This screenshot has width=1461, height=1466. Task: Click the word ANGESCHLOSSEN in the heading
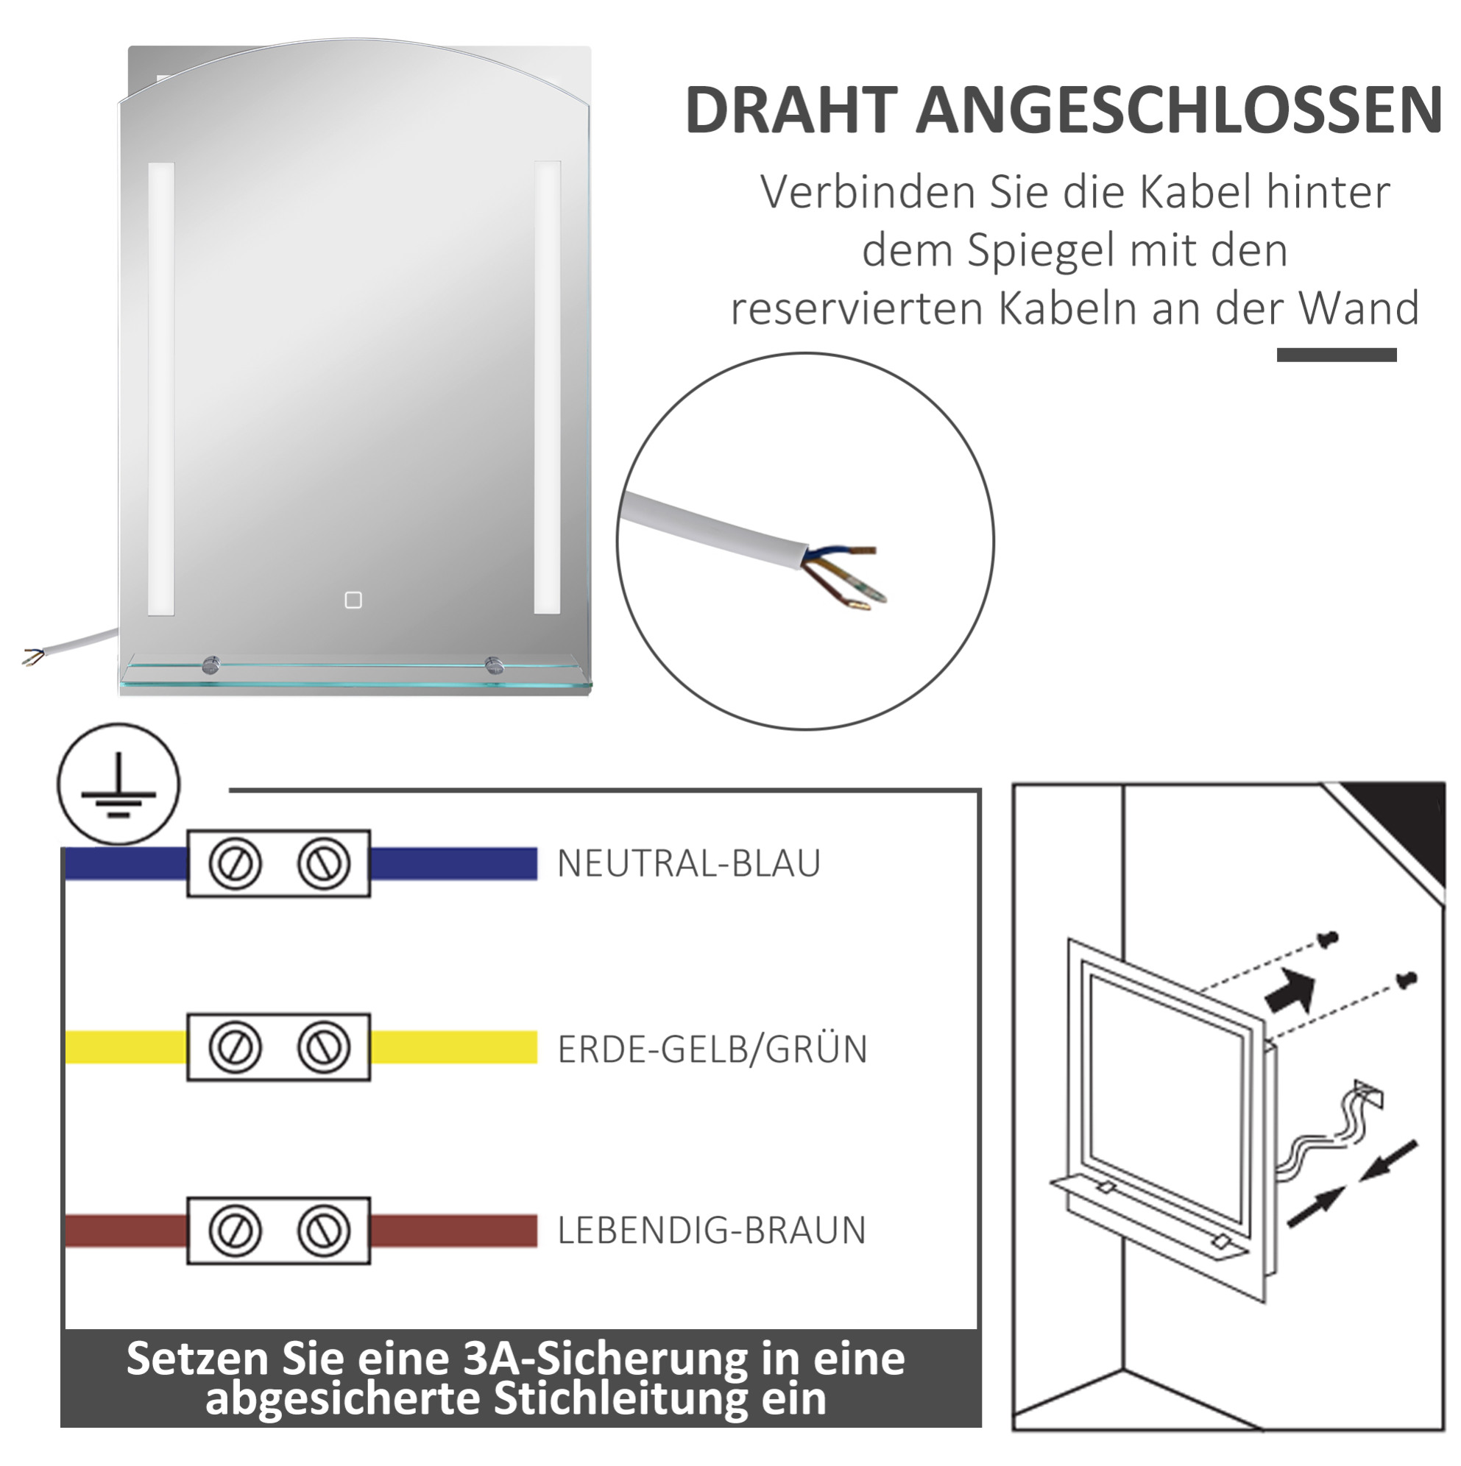click(1179, 110)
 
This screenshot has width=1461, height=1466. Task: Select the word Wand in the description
click(1359, 308)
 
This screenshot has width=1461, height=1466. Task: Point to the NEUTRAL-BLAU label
click(688, 863)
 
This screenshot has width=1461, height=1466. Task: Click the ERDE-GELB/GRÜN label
click(712, 1049)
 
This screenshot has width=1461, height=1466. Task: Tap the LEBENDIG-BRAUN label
click(711, 1230)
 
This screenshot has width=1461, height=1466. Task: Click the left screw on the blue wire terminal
click(236, 863)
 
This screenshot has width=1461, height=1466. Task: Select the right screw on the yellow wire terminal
click(324, 1047)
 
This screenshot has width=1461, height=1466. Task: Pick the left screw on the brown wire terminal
click(236, 1230)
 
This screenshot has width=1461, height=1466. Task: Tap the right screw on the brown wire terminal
click(324, 1230)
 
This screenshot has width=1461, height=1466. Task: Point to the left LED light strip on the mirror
click(161, 388)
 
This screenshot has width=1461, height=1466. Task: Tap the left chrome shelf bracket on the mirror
click(211, 665)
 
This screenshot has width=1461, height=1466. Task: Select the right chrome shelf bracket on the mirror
click(495, 665)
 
